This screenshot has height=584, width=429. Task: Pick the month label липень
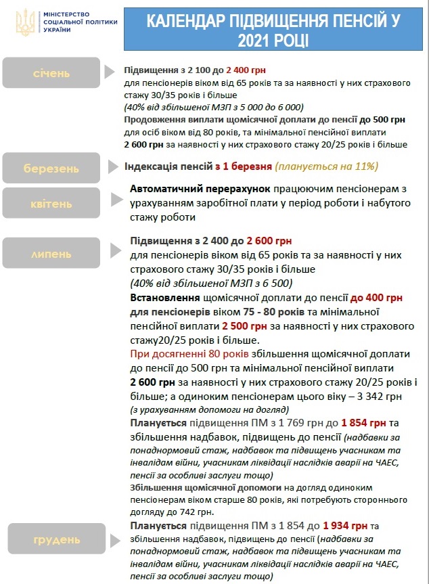tap(50, 254)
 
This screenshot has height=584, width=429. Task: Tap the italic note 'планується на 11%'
tap(326, 166)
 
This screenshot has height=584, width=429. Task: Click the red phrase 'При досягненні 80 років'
tap(189, 354)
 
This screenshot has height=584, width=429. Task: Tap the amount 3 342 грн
tap(382, 397)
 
